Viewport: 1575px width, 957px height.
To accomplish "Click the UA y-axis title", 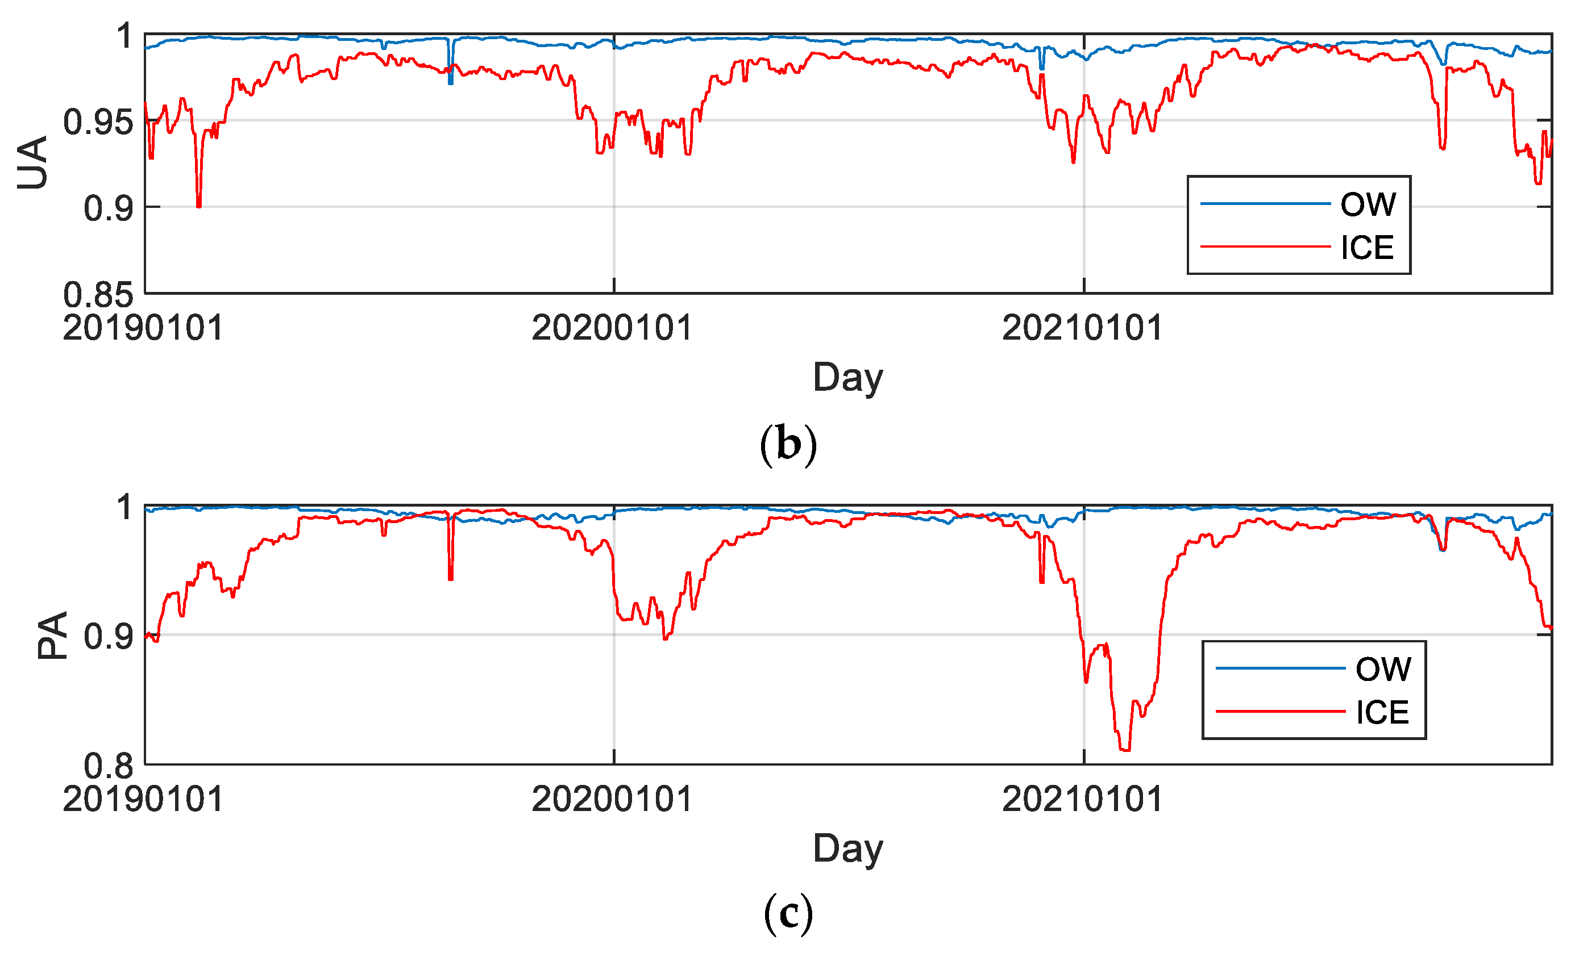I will click(33, 163).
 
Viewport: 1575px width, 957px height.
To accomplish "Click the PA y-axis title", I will click(52, 635).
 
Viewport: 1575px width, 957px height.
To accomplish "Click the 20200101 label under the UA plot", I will click(612, 329).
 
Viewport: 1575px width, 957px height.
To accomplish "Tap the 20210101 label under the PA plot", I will click(1082, 800).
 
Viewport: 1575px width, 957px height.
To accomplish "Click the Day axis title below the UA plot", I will click(847, 378).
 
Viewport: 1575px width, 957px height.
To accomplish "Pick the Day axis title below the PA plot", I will click(847, 849).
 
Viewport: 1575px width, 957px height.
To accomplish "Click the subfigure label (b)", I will click(788, 444).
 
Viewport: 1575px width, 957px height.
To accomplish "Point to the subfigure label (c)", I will click(788, 914).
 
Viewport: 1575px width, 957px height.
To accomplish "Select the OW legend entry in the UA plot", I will click(1368, 204).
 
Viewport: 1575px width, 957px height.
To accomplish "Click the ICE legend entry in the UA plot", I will click(1366, 247).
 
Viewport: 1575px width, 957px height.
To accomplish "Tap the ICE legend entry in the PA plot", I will click(1382, 712).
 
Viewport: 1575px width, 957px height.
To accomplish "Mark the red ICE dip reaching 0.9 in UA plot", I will click(199, 204).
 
